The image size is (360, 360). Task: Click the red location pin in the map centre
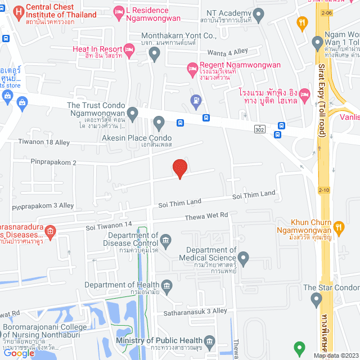click(179, 168)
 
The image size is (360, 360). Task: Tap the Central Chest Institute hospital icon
click(19, 11)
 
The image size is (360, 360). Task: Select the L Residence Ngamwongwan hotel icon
click(119, 12)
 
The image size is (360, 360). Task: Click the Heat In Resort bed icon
click(128, 52)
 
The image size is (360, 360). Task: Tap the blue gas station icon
click(195, 102)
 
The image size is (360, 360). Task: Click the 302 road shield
click(259, 129)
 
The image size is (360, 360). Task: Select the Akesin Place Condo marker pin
click(159, 122)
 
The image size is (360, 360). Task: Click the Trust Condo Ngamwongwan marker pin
click(133, 114)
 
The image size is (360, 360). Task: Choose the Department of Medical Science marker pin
click(243, 258)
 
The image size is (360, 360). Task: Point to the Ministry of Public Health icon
click(209, 341)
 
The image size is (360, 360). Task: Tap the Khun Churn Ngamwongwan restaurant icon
click(338, 228)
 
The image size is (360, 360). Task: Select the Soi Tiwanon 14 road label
click(109, 226)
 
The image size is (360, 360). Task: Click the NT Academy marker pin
click(259, 16)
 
